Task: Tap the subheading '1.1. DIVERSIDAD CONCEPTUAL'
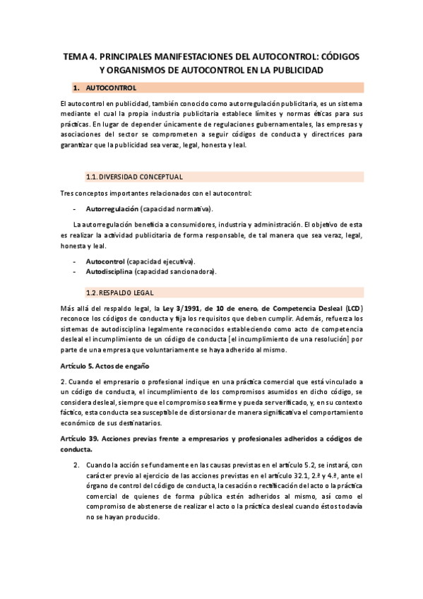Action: pyautogui.click(x=133, y=176)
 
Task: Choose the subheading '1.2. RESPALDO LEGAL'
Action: pyautogui.click(x=119, y=292)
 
